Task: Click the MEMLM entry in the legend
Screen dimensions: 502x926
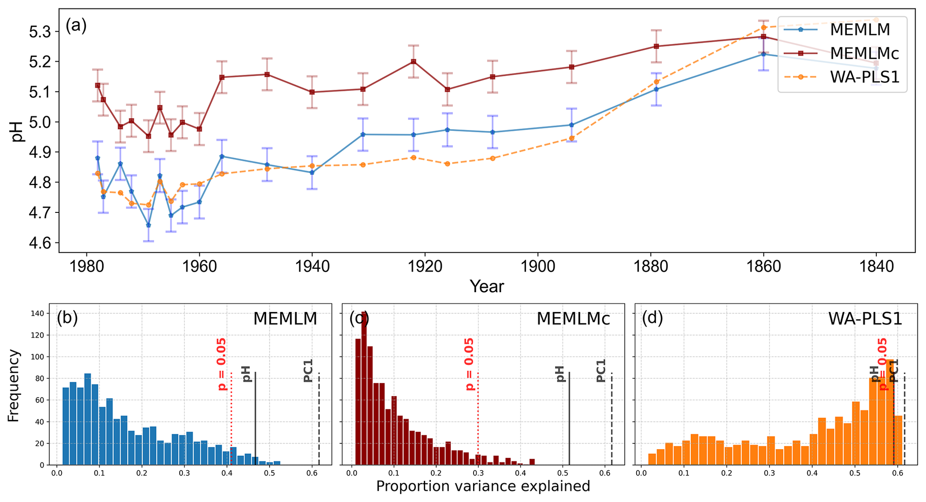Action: [x=859, y=30]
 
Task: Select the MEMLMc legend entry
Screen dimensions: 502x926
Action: [x=864, y=53]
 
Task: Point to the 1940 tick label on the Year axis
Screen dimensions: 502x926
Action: [x=312, y=267]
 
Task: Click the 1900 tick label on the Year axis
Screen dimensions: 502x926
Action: [x=538, y=267]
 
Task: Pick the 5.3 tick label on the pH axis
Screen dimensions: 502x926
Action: [x=40, y=32]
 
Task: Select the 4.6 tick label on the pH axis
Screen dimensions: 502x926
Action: [x=40, y=243]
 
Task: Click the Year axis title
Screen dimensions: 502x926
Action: [x=487, y=286]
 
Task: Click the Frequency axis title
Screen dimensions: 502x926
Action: [x=13, y=386]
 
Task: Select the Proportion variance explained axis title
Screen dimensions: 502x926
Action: [x=482, y=486]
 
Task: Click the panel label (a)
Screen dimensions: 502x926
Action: [x=76, y=26]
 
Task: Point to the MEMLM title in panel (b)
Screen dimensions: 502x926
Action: [x=285, y=319]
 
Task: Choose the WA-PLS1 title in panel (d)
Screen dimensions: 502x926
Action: [x=865, y=319]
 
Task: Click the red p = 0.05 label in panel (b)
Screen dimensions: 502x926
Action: [x=222, y=364]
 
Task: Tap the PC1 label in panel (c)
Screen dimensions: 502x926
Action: [x=601, y=371]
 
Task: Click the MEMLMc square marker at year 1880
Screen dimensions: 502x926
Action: [x=656, y=46]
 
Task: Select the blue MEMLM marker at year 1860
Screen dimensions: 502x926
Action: [x=764, y=54]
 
